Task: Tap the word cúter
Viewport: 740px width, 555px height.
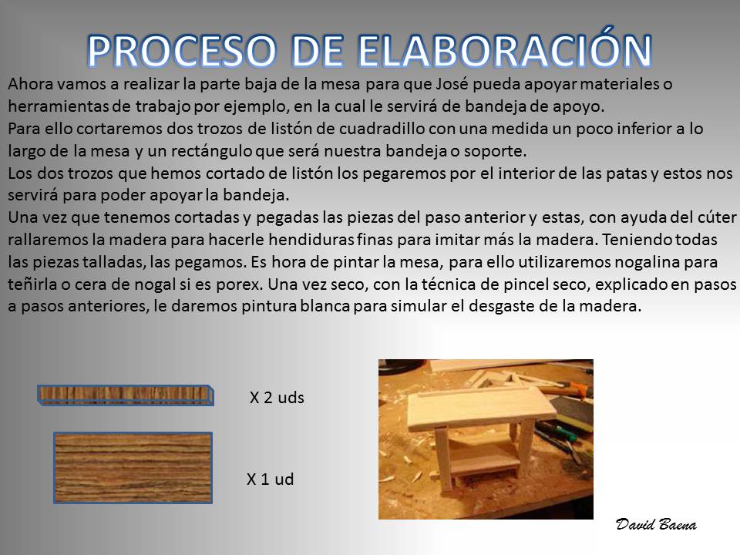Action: pos(717,217)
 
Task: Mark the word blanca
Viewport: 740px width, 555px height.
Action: pos(325,306)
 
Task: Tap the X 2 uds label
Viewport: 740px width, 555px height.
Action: pos(277,398)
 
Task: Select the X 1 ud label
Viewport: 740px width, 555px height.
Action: pos(270,479)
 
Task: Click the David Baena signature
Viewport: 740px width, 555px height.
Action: pos(655,524)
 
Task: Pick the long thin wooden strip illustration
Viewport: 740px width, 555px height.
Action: pos(126,395)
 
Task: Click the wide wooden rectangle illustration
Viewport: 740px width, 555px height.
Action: pos(133,468)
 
